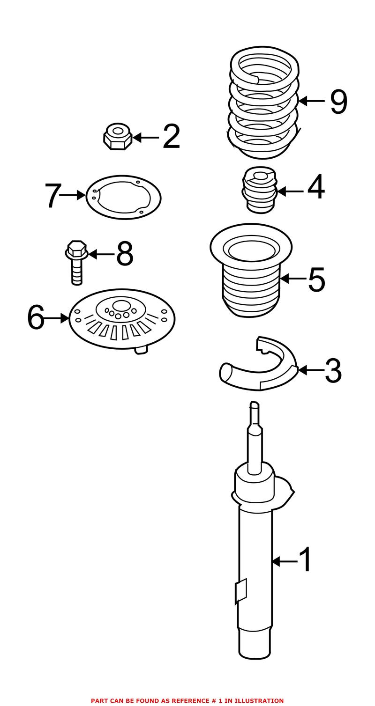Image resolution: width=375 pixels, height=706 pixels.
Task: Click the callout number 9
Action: coord(338,102)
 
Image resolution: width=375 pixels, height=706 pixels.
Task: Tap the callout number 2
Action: coord(171,137)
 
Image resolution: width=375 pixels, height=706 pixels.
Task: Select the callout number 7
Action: coord(52,196)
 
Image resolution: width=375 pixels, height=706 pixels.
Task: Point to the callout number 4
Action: coord(315,187)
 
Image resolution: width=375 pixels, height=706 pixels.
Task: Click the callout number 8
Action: coord(125,254)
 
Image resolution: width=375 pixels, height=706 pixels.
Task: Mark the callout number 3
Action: coord(333,371)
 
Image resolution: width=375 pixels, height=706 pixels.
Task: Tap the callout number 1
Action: coord(305,560)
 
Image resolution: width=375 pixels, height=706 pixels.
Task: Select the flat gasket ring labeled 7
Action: coord(124,197)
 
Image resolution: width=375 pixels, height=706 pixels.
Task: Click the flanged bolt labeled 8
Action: coord(76,262)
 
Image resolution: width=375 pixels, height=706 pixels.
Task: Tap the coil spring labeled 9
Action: coord(264,103)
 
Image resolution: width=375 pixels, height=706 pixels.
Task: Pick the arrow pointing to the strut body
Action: coord(284,561)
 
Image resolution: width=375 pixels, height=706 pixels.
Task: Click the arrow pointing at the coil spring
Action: coord(311,101)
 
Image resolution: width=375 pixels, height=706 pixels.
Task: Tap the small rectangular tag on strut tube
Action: coord(241,591)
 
